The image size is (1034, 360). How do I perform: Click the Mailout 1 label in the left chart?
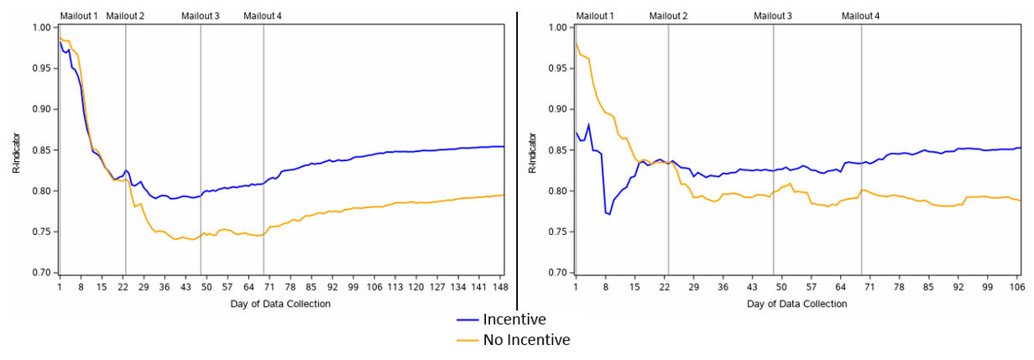[x=79, y=16]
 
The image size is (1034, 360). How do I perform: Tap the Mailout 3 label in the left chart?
[x=201, y=16]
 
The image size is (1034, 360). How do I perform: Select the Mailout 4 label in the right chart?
[x=861, y=16]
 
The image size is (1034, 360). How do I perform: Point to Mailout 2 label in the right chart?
[x=668, y=16]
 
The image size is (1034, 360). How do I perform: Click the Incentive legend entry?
[x=514, y=320]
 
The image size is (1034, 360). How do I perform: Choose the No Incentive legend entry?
[x=526, y=340]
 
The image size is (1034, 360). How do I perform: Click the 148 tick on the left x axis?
[x=497, y=286]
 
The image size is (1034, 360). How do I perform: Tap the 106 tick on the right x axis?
[x=1017, y=286]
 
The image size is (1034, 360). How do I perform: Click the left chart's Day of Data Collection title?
[x=280, y=304]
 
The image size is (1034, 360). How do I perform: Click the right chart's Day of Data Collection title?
[x=796, y=304]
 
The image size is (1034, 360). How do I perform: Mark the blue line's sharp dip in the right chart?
[x=608, y=214]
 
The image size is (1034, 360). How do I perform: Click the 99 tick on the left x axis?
[x=356, y=286]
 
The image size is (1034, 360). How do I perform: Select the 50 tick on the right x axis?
[x=780, y=286]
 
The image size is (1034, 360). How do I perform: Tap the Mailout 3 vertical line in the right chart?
[x=773, y=126]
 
